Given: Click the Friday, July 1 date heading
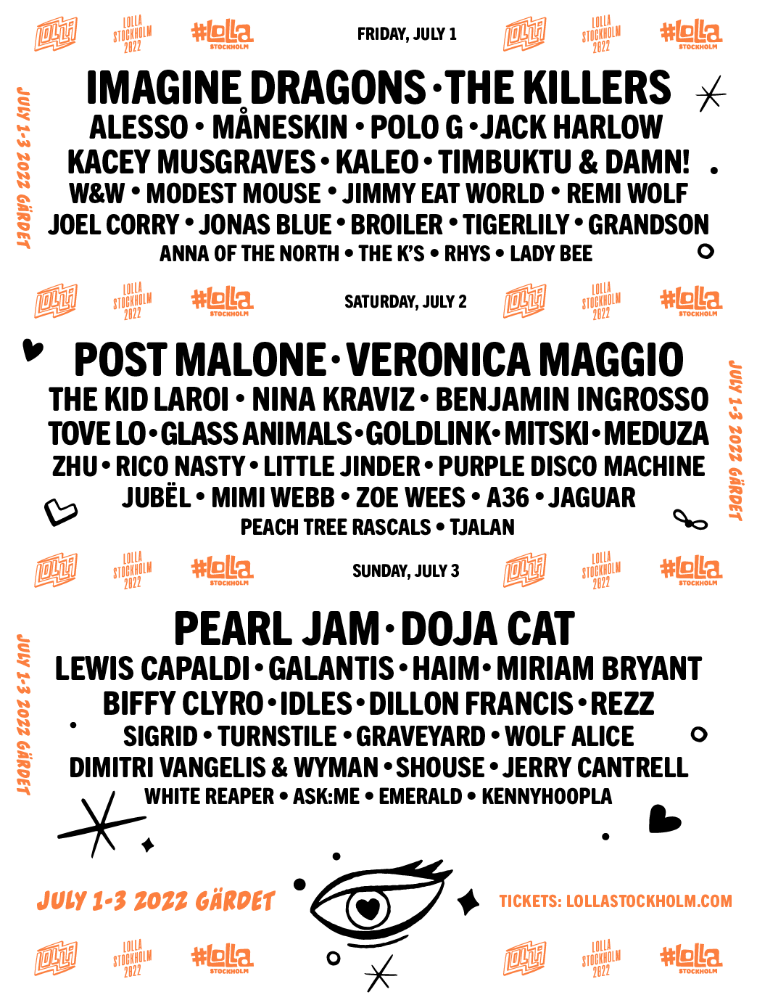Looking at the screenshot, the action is pos(407,34).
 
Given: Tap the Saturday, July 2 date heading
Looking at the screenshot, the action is pos(405,302).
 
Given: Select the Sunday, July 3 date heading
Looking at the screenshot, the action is pos(405,571).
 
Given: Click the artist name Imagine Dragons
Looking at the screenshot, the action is pos(256,88).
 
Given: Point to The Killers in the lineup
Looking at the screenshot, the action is pos(558,88).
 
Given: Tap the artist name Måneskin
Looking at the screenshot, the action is pos(280,127).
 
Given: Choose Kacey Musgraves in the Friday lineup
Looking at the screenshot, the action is pos(191,162).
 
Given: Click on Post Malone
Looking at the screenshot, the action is pos(200,359).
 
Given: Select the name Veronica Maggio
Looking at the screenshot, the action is pos(515,359).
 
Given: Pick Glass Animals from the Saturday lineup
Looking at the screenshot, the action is pos(256,433).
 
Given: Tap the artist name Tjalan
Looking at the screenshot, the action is pos(482,527).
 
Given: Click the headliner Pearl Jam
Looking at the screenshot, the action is pos(277,628).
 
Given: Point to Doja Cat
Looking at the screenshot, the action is pos(487,628).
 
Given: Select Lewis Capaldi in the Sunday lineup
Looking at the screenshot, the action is pos(152,668).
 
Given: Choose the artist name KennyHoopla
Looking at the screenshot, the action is pos(547,796).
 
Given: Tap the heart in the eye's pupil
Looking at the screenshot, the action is pos(368,909).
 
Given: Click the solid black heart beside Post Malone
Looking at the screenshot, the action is pos(33,350).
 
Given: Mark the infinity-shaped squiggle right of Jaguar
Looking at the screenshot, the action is pos(690,520).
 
